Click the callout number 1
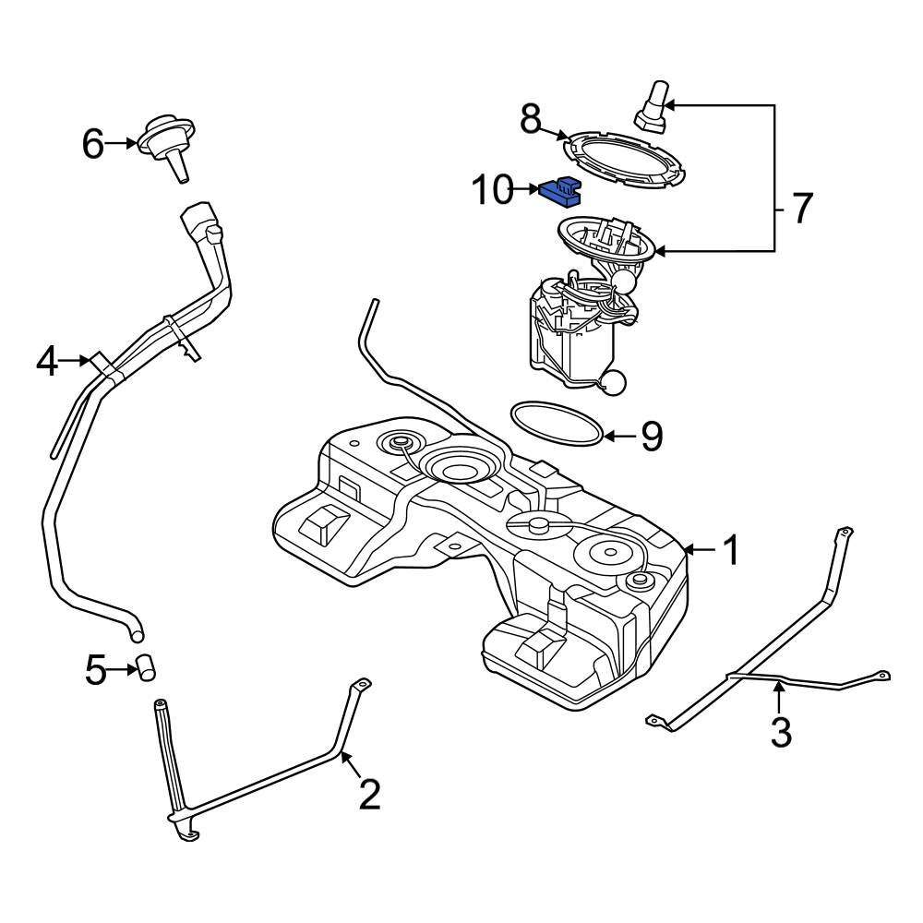click(x=730, y=551)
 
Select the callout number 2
click(x=369, y=794)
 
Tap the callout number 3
click(x=781, y=731)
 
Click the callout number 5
click(x=96, y=670)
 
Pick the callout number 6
click(x=93, y=144)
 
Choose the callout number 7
click(x=800, y=209)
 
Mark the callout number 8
click(x=530, y=119)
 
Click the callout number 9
click(x=652, y=437)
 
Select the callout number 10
click(x=492, y=190)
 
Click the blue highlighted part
click(x=563, y=191)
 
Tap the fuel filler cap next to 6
click(x=166, y=143)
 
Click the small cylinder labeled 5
click(x=145, y=667)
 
